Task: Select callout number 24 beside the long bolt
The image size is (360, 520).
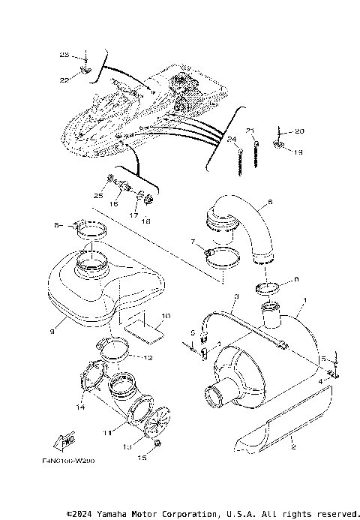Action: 232,140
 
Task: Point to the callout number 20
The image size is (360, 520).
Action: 299,131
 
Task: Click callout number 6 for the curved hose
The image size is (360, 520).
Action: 270,203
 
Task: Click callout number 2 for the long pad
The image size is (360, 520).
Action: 293,446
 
